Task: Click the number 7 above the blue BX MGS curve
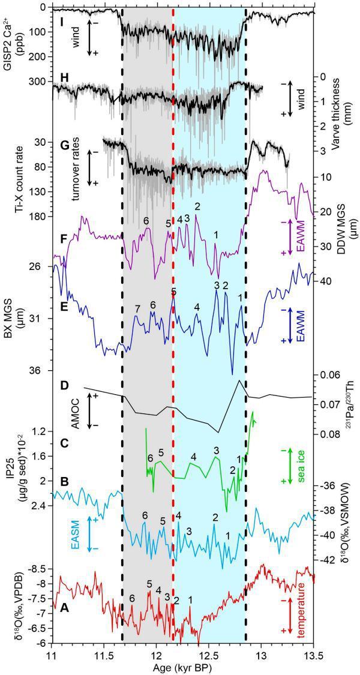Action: point(137,309)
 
